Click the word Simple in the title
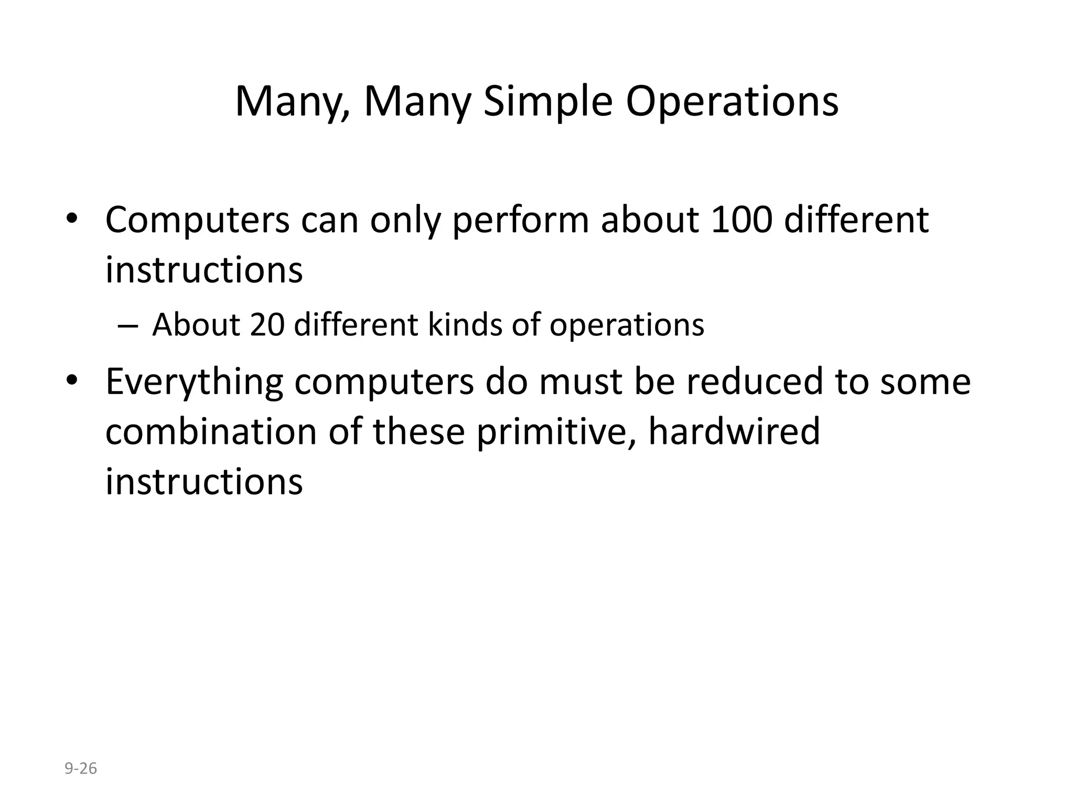(547, 102)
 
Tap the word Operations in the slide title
(732, 102)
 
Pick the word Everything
(194, 383)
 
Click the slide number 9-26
(81, 769)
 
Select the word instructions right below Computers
(204, 270)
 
